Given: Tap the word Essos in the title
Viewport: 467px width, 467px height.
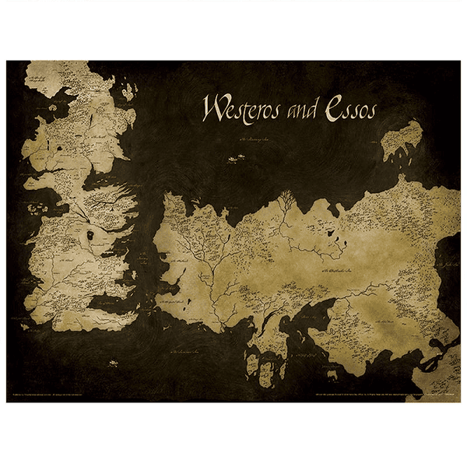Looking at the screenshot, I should point(348,110).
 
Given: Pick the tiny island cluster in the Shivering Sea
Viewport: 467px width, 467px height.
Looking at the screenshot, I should point(232,160).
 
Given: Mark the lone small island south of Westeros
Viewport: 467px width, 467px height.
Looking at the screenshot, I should point(114,361).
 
